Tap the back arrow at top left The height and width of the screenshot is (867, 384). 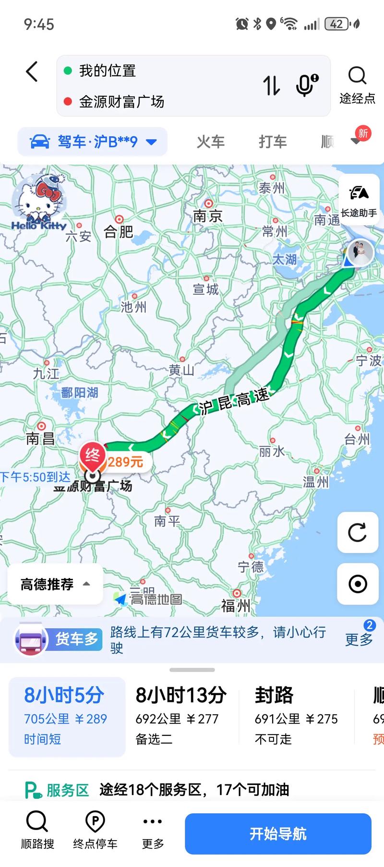[32, 72]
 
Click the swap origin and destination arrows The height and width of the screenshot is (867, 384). [271, 85]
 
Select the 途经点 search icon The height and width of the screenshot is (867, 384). [357, 76]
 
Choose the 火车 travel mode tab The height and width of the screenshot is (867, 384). [210, 142]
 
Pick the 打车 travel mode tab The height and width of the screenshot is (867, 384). [273, 142]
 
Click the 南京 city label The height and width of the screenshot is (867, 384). [208, 216]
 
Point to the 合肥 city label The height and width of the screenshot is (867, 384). [118, 232]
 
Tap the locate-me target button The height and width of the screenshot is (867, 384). [358, 584]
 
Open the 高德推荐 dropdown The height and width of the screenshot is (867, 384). [55, 584]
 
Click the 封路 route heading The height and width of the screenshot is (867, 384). [274, 695]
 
